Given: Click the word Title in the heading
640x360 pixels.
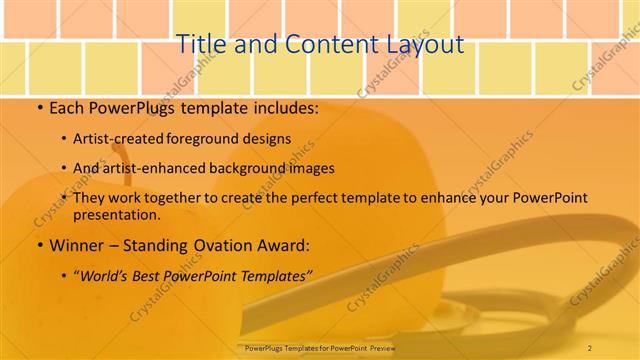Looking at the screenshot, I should click(x=199, y=44).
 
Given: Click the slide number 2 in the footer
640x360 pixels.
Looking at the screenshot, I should click(x=590, y=347).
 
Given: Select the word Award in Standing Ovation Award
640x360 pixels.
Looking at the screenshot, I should click(x=282, y=244).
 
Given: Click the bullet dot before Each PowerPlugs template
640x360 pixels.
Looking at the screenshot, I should click(x=39, y=107).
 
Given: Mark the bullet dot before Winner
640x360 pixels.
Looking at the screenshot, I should click(x=39, y=244).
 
